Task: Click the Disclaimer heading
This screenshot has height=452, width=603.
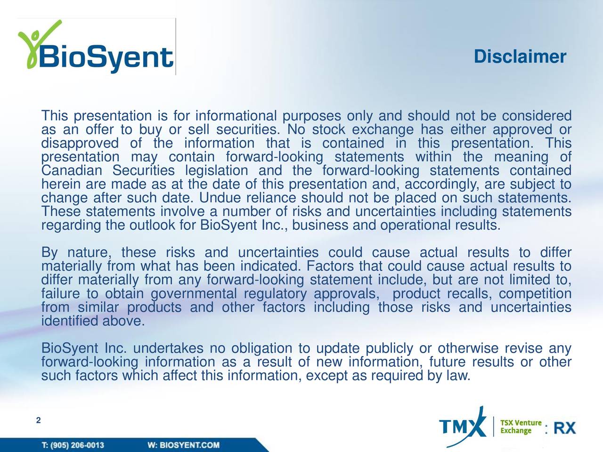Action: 520,57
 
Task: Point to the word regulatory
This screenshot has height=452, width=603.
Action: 276,294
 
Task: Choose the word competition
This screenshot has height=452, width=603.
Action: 536,294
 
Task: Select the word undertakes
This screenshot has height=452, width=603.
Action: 168,349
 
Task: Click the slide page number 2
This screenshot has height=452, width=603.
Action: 39,420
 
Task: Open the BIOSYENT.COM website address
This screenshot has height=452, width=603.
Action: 189,445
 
